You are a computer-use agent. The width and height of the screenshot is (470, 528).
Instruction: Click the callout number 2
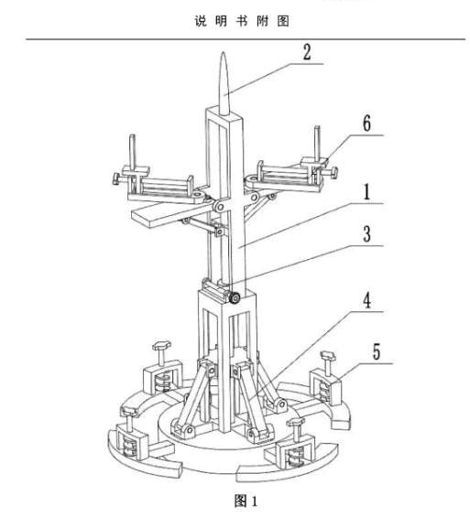(307, 52)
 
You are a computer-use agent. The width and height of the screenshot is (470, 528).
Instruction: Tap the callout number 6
(367, 123)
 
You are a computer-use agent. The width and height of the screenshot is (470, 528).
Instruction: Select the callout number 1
(367, 191)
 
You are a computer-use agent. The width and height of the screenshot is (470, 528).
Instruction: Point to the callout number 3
(367, 233)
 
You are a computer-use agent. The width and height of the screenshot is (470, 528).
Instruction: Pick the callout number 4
(367, 300)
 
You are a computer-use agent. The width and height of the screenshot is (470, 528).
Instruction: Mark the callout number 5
(377, 352)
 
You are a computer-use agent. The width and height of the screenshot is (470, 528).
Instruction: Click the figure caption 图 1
(246, 501)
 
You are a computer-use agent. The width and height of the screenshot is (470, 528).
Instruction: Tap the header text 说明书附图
(242, 21)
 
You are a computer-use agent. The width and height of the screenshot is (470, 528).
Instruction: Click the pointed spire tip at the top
(223, 53)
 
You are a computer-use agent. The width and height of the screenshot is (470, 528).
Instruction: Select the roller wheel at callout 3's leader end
(234, 298)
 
